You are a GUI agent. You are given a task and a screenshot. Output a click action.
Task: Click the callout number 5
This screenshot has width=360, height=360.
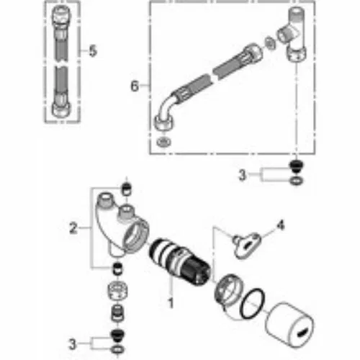93,51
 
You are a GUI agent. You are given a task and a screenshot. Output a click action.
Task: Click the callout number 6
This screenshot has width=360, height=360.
135,86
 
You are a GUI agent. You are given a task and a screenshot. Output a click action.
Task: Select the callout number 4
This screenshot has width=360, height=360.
281,225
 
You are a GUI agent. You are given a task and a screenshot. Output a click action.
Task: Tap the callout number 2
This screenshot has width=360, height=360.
73,228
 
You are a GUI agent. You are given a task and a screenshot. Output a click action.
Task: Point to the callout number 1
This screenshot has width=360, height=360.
171,302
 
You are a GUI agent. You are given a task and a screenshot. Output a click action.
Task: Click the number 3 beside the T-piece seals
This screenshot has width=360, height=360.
242,174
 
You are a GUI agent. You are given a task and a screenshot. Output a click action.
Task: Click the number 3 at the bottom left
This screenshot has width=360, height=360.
72,344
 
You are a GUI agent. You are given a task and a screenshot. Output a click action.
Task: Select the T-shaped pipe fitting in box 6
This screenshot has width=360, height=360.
294,34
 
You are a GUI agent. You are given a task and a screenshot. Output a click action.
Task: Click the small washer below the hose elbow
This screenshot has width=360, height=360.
163,142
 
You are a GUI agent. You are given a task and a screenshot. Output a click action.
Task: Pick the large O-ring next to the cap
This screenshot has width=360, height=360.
253,304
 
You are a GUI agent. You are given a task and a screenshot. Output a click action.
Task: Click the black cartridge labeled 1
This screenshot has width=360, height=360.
179,262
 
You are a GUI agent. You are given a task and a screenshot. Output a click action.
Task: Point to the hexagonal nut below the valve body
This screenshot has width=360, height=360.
117,290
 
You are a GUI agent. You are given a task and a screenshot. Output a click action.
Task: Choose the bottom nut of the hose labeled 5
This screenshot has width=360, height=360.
61,109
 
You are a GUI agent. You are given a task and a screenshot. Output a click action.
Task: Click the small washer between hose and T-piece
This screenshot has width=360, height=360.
271,43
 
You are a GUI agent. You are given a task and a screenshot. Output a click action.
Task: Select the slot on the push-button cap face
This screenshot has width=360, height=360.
302,333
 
